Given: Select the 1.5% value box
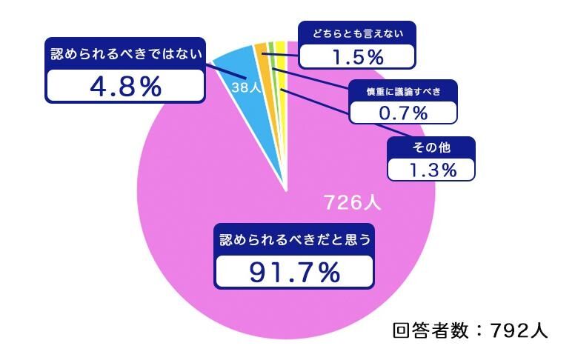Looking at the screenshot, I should pyautogui.click(x=356, y=56).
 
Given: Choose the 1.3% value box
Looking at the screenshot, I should pyautogui.click(x=431, y=169).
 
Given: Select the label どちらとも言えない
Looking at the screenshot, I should pyautogui.click(x=356, y=33).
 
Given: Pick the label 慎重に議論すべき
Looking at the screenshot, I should pyautogui.click(x=403, y=91).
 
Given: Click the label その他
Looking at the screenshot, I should pyautogui.click(x=431, y=147).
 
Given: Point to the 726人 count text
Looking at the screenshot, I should pyautogui.click(x=352, y=202).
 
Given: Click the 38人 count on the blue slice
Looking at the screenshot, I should pyautogui.click(x=245, y=87).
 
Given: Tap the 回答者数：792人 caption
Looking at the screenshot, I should pyautogui.click(x=470, y=330).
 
